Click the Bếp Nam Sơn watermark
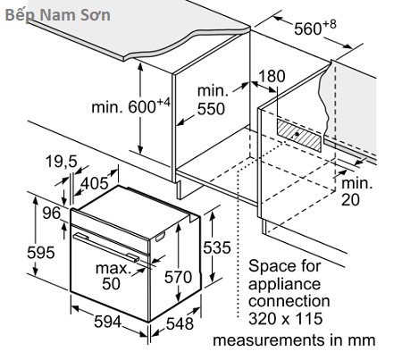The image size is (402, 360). coord(58,15)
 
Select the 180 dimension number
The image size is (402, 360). coord(272,76)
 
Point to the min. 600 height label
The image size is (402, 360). coord(130,106)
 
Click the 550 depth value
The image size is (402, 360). coord(211,109)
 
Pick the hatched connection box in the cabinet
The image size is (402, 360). coord(299,135)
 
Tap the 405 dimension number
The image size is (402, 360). coord(95,183)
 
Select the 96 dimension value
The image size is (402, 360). coord(51,213)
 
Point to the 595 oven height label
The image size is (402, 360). coord(41,253)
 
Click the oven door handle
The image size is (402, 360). coord(106,247)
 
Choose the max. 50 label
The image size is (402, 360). coord(113,275)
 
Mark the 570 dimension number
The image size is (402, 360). coord(178,277)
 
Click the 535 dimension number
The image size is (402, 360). coord(217,247)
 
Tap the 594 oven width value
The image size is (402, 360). coord(108,322)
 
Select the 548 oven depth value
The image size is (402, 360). coord(180,323)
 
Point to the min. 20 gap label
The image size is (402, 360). coord(356,191)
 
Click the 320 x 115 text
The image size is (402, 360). coord(286,318)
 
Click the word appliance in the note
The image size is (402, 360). coord(284,285)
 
